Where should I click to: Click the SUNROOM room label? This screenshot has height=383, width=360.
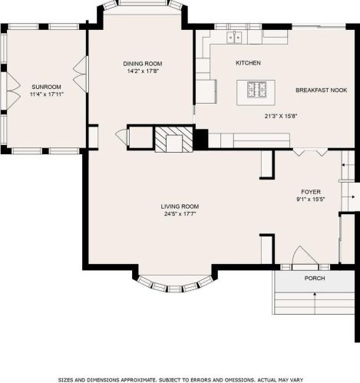point(46,87)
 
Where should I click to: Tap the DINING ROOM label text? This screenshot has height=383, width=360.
point(143,64)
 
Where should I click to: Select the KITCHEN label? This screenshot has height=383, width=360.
point(248,63)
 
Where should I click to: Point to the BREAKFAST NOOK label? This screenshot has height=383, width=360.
point(322,90)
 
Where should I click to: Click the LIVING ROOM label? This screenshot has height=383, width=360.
point(180,206)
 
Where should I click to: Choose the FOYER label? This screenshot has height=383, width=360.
point(311,192)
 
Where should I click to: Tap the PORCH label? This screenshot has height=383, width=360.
point(315,278)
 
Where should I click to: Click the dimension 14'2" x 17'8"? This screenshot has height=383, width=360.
point(144,71)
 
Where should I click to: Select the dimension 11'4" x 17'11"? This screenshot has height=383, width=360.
point(47,94)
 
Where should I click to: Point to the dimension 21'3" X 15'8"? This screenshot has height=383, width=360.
point(281,116)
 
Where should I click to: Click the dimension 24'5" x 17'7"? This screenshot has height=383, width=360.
point(180,214)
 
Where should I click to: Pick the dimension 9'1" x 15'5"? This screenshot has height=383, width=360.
point(311,200)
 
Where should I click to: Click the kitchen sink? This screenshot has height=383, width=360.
point(234,38)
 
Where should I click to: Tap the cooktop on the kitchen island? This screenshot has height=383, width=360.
point(256,90)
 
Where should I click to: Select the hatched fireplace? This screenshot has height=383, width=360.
point(173,139)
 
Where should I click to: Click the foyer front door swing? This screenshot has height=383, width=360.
point(305,255)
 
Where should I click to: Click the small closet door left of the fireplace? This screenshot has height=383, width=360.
point(121,137)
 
